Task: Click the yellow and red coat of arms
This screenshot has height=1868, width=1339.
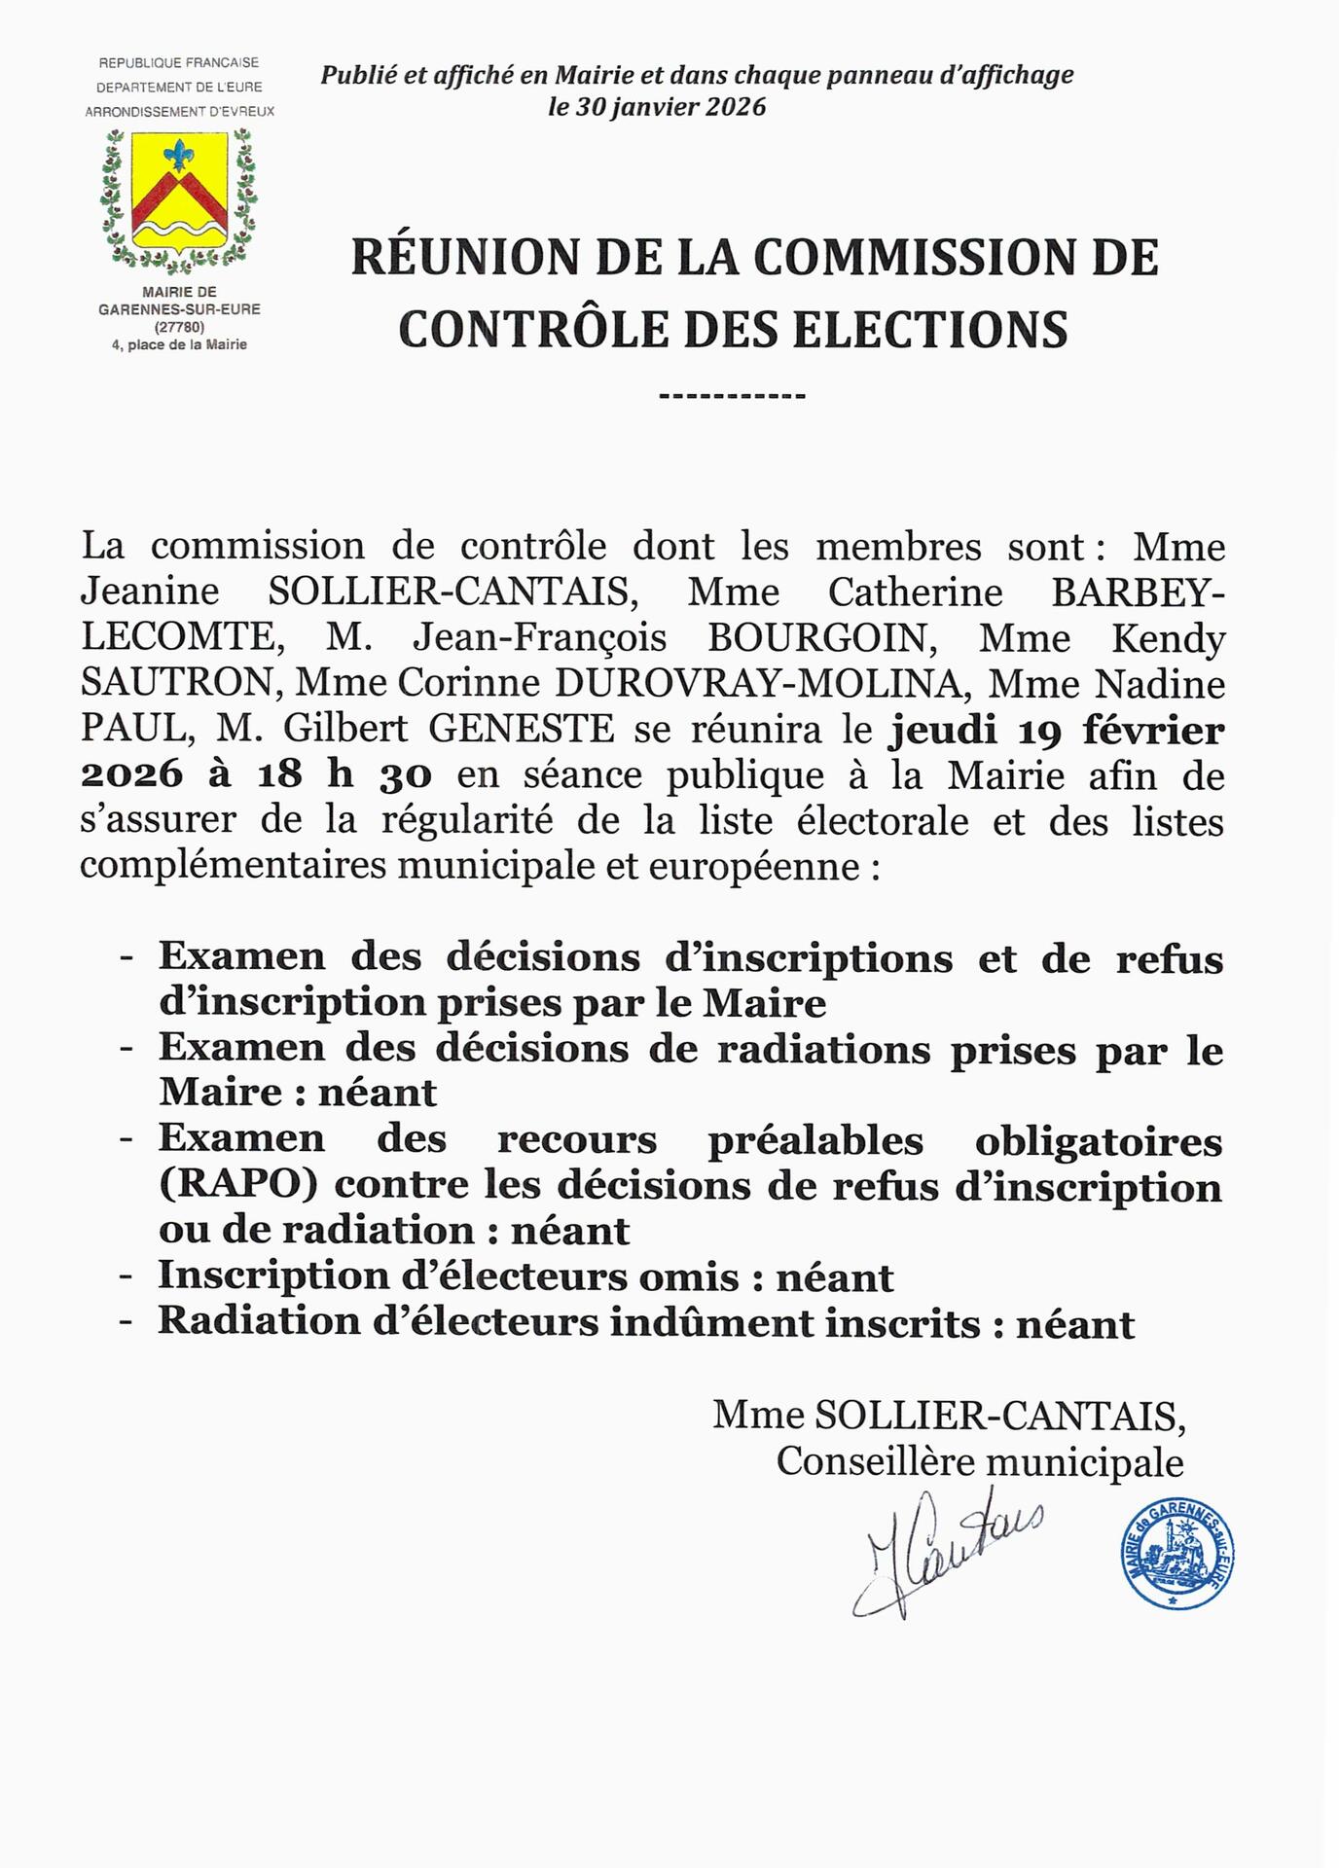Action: (x=179, y=191)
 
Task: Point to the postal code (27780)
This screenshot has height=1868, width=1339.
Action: (x=179, y=327)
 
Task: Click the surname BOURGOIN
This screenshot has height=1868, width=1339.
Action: (x=817, y=638)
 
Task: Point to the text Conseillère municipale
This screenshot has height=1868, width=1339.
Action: (x=979, y=1462)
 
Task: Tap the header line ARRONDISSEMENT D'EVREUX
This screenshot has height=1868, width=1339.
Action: (x=179, y=112)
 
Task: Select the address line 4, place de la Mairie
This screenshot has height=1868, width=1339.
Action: (x=179, y=344)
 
